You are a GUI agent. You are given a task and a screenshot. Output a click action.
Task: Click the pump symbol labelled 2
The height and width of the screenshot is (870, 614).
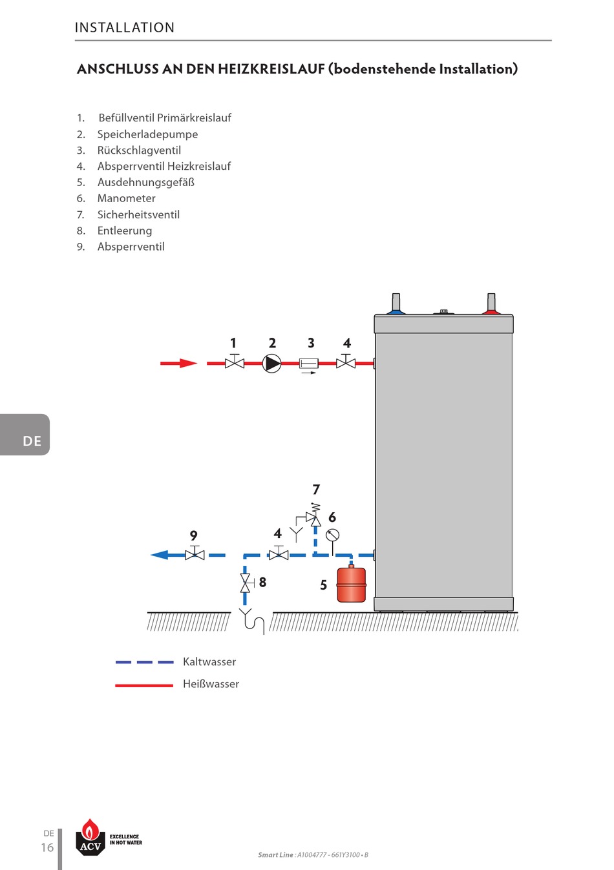tap(272, 364)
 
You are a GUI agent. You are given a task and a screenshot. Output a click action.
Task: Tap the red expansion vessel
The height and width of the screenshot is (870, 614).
tap(352, 585)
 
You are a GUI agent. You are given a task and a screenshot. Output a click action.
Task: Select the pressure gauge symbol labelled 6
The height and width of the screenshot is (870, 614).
tap(332, 535)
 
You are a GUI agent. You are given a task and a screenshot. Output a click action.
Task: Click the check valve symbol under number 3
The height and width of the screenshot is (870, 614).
tap(309, 364)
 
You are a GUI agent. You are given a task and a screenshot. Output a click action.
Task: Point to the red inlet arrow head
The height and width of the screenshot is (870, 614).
tap(188, 364)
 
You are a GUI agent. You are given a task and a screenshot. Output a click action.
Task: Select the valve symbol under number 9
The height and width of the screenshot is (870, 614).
tap(195, 554)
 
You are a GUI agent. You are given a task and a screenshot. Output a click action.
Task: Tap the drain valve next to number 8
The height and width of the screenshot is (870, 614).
tap(246, 583)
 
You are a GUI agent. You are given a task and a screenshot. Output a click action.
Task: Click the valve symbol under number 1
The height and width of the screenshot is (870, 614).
tap(234, 363)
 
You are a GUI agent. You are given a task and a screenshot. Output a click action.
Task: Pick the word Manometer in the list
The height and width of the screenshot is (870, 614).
tap(126, 198)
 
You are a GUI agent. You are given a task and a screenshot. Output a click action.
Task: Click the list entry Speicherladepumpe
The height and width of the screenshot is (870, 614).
tap(147, 134)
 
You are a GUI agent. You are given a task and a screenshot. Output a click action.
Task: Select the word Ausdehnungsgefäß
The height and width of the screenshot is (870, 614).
tap(145, 182)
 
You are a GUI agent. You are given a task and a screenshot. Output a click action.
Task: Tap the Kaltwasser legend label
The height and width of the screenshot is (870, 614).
tap(209, 661)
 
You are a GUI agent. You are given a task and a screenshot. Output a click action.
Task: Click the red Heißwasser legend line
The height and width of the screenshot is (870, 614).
tap(144, 685)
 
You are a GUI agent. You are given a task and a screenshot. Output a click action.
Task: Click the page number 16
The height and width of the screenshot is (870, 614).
tap(47, 847)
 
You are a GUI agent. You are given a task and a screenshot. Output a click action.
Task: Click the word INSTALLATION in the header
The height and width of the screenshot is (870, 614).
tap(125, 28)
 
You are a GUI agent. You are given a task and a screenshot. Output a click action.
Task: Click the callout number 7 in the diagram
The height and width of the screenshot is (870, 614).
tap(316, 490)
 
